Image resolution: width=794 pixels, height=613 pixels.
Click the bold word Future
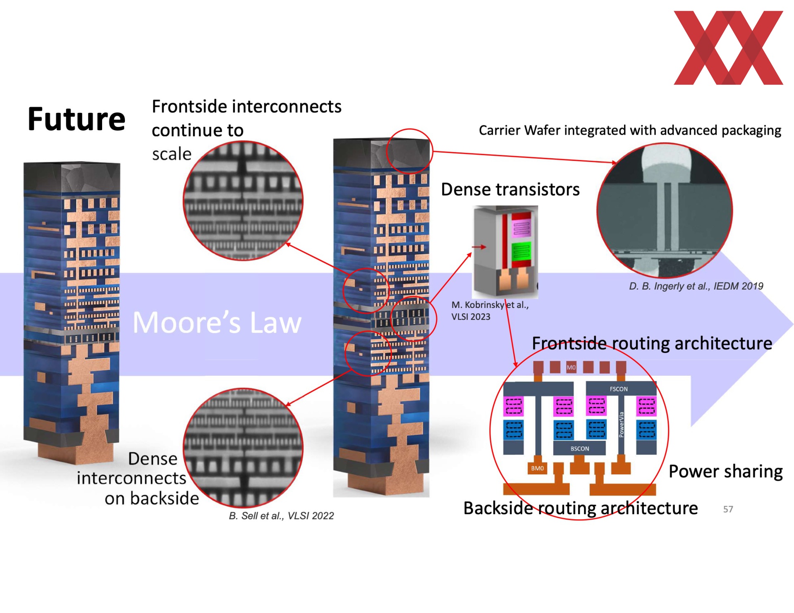(x=77, y=119)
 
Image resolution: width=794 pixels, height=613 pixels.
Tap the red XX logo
(x=728, y=48)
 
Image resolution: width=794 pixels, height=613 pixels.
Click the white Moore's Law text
(x=217, y=322)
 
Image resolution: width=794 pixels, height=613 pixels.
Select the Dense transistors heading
(x=510, y=189)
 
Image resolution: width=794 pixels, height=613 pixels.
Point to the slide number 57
(x=728, y=509)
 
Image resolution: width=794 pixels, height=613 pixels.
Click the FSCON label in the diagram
(x=619, y=389)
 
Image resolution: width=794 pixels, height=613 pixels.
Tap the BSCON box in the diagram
(x=579, y=448)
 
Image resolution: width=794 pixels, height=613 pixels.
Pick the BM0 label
(x=537, y=468)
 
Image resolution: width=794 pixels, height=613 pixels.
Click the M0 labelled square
(x=571, y=367)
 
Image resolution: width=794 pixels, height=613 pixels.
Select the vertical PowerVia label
(x=621, y=424)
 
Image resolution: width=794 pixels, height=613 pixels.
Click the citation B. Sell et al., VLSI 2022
(x=281, y=516)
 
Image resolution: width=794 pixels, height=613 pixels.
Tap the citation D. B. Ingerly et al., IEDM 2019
(x=696, y=286)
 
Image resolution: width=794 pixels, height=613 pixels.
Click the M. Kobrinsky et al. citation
(x=490, y=311)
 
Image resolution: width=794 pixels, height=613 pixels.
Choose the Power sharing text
(x=725, y=472)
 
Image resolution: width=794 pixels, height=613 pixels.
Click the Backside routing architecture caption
(x=581, y=508)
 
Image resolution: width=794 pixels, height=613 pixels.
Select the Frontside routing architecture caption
(x=652, y=343)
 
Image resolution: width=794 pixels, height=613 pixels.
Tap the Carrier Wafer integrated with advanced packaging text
(x=630, y=131)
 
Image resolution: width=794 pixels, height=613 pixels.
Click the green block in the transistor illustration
(x=521, y=251)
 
